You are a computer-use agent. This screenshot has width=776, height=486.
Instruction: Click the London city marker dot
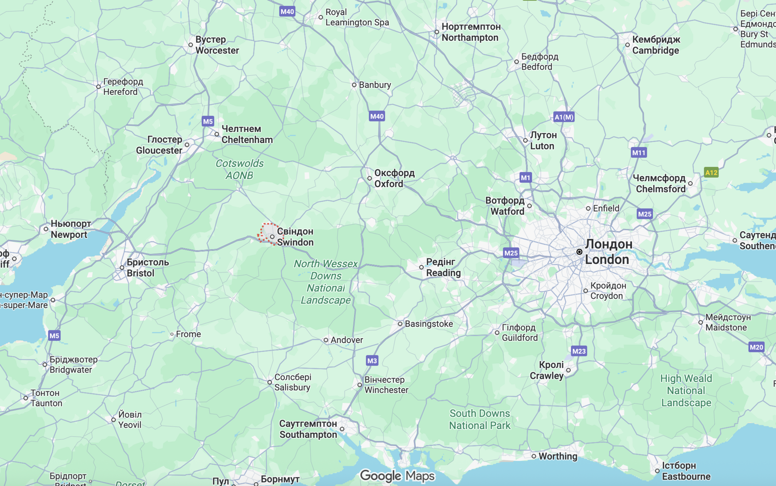pos(579,252)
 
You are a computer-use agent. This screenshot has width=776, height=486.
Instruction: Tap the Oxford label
pos(394,179)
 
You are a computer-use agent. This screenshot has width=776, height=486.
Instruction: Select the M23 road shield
pos(579,351)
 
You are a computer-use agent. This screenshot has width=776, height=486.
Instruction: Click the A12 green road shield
pos(711,173)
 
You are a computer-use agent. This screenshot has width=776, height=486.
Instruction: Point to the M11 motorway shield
pos(639,153)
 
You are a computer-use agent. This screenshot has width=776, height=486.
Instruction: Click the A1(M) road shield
pos(564,117)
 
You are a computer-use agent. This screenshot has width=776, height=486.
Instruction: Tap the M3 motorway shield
pos(372,361)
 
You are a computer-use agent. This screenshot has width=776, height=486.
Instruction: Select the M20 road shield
pos(756,347)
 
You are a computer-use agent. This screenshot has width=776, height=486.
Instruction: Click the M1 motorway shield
pos(525,178)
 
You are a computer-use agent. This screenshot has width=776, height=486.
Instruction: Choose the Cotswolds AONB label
pos(239,170)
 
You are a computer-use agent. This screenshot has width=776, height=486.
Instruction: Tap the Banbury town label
pos(374,85)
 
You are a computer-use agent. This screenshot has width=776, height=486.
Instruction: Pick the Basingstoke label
pos(428,324)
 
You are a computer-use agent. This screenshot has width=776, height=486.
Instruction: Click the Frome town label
pos(188,334)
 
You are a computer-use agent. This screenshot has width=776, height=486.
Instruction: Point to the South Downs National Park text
pos(480,419)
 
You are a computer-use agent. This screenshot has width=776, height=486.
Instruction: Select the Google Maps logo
pos(397,476)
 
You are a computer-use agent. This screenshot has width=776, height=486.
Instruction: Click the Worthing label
pos(558,456)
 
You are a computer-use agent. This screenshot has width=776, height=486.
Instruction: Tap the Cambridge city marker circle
pos(627,45)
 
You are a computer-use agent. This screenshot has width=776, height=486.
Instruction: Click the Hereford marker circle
pos(99,87)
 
